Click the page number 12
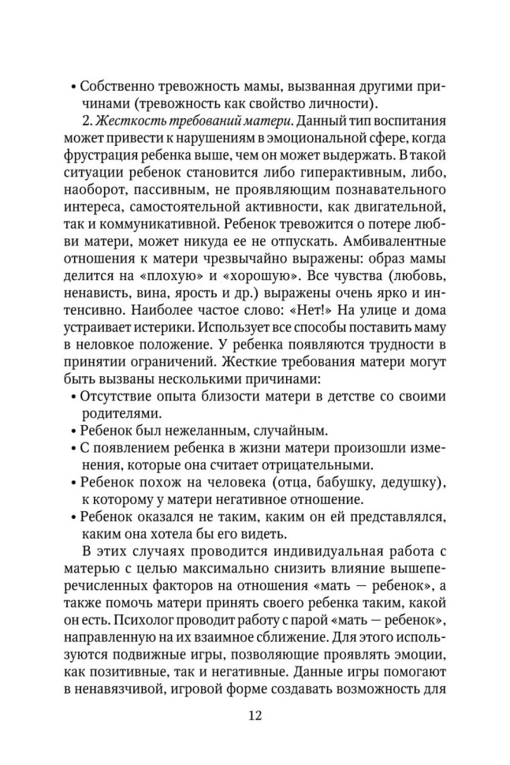tap(254, 716)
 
